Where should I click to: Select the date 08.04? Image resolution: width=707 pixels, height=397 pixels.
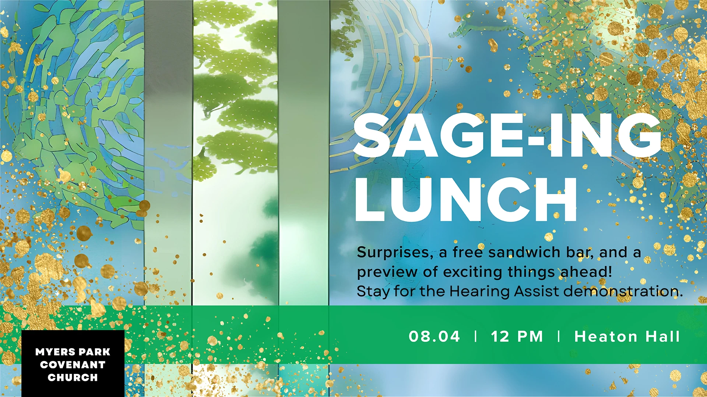tap(435, 337)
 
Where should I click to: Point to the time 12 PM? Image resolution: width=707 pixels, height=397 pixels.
tap(517, 337)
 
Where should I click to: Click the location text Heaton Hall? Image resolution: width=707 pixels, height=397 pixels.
tap(627, 336)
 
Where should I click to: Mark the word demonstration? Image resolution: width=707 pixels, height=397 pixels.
tap(623, 292)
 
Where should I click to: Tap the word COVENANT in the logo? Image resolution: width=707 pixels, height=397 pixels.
tap(73, 365)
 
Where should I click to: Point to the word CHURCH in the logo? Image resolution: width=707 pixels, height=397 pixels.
tap(73, 378)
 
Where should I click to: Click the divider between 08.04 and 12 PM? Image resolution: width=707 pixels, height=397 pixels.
tap(476, 336)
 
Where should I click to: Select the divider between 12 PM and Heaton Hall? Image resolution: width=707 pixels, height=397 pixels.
tap(559, 336)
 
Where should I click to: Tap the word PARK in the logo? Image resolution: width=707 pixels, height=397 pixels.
tap(95, 352)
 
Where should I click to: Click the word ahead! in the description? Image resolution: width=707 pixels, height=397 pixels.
tap(586, 272)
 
